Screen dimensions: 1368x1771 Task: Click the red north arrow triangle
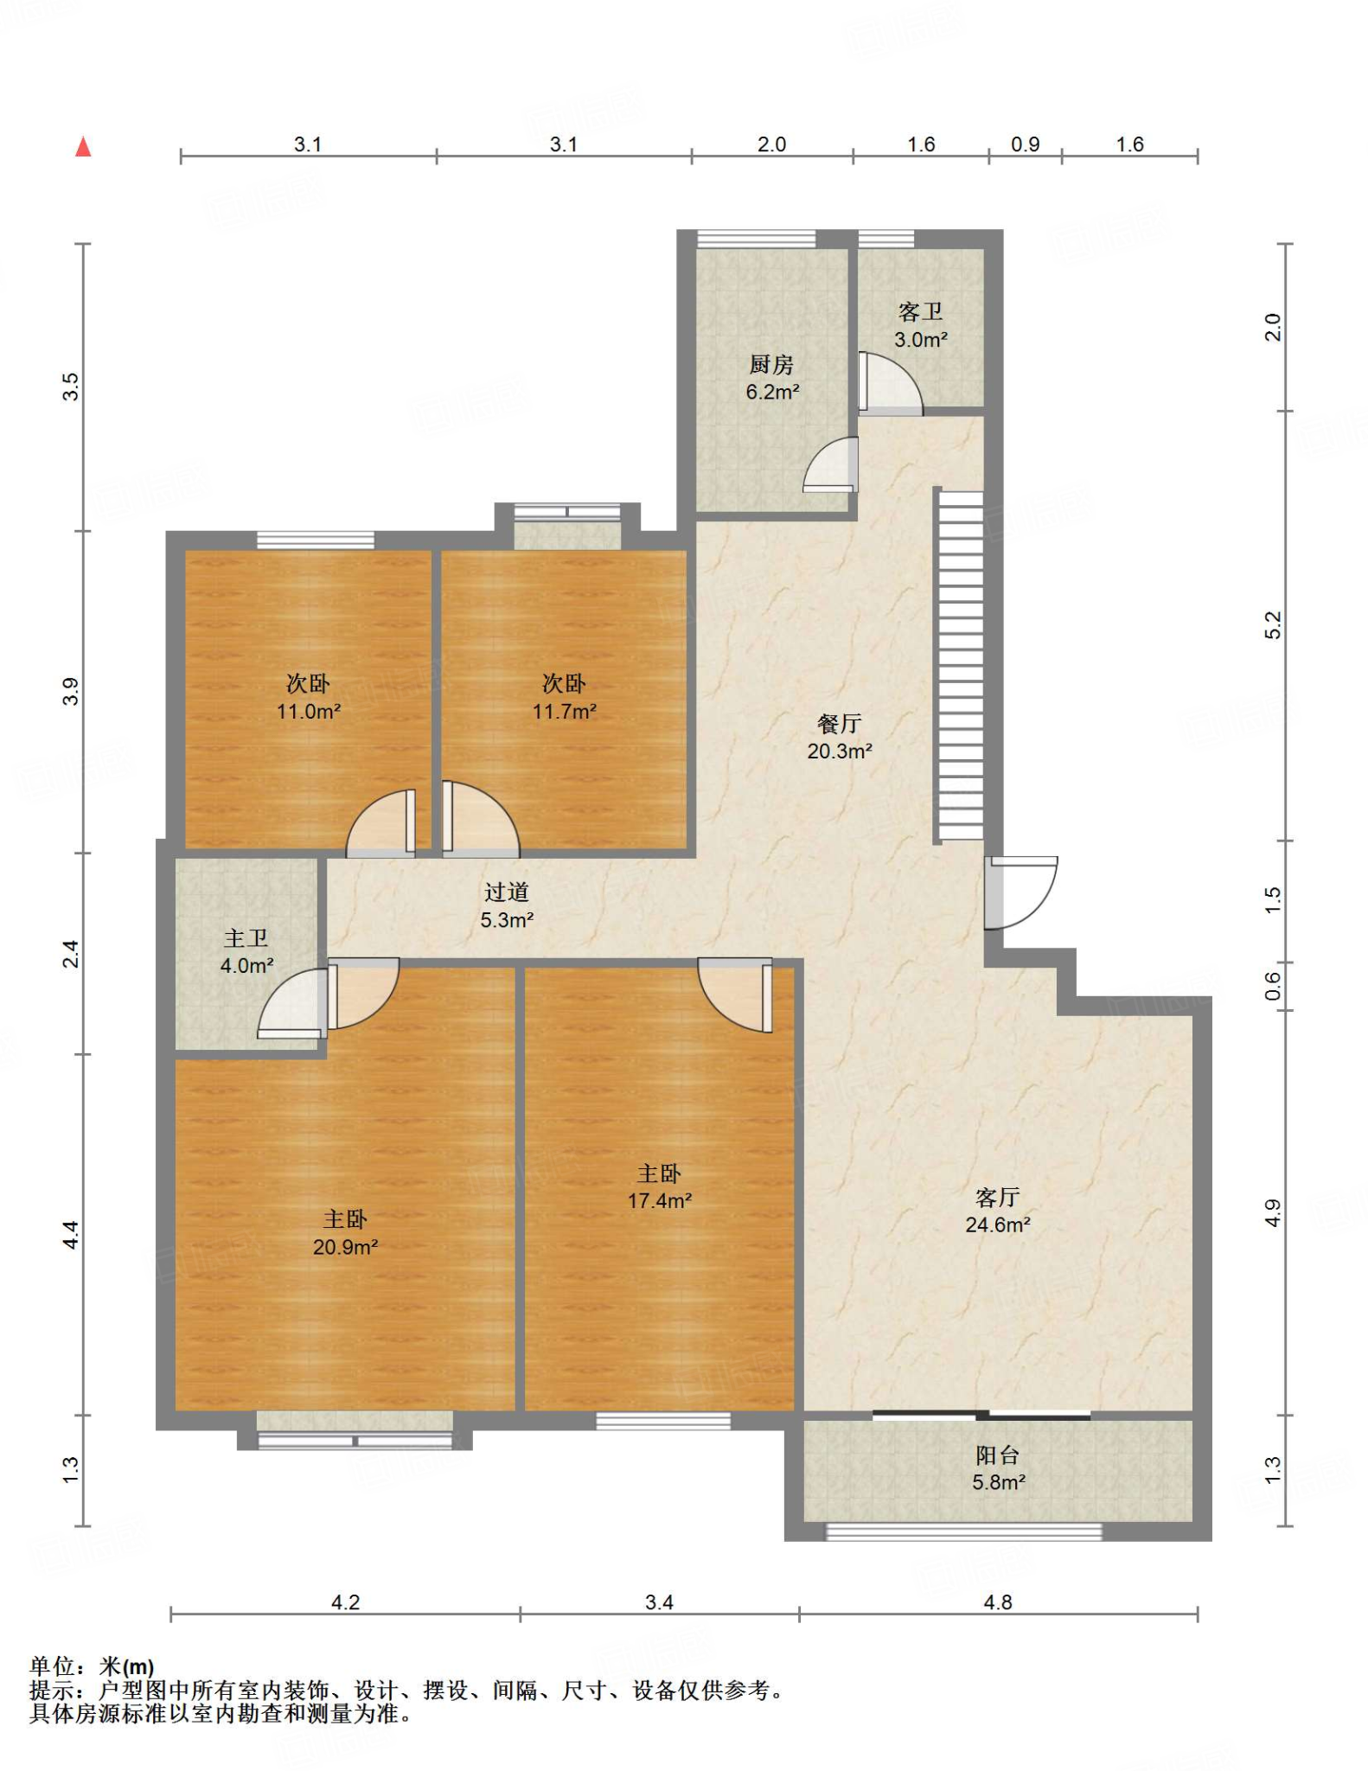point(83,147)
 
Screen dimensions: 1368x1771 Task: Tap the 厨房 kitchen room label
point(771,378)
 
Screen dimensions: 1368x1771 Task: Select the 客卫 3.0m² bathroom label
point(920,325)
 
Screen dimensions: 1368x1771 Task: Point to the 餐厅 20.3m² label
point(839,737)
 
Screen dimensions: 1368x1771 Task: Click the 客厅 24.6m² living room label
point(997,1211)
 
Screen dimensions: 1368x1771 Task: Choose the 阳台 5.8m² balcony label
point(998,1468)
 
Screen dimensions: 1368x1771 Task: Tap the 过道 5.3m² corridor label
point(507,905)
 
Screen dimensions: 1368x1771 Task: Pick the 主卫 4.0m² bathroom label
point(246,951)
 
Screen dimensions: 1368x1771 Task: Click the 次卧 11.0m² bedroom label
point(308,697)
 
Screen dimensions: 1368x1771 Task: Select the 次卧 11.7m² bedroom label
point(564,697)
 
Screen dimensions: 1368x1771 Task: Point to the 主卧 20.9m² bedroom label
point(345,1232)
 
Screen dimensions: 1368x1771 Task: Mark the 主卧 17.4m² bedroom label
point(659,1186)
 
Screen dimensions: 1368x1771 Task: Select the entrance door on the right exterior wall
point(1020,892)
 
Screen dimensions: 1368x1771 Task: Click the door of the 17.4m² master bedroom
point(736,994)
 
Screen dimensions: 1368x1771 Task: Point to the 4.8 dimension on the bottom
point(997,1602)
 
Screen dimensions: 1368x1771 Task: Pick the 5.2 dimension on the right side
point(1273,624)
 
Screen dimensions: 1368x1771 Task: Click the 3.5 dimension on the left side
point(70,387)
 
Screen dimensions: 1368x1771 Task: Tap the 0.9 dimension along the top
point(1025,144)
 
